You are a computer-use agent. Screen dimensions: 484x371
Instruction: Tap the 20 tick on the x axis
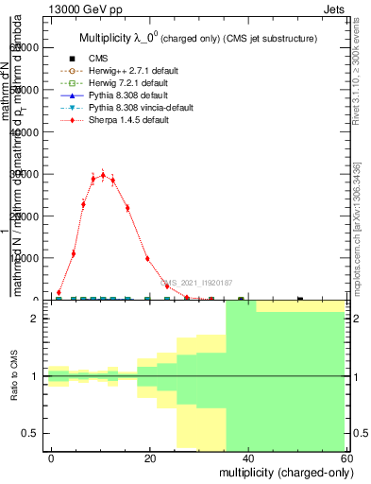click(x=150, y=458)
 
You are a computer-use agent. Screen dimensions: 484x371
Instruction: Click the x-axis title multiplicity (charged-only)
click(x=281, y=471)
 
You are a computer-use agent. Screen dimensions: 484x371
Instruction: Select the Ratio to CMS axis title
click(x=13, y=375)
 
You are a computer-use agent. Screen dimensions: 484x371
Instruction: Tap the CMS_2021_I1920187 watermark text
click(x=195, y=282)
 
